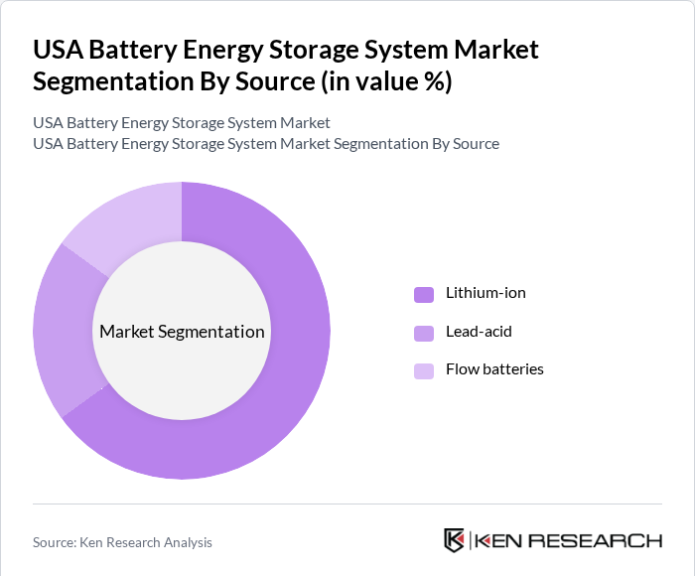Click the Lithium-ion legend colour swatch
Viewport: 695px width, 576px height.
[x=424, y=294]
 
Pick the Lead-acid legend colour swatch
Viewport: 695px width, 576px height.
[x=424, y=332]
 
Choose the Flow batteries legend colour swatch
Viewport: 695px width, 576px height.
[x=424, y=370]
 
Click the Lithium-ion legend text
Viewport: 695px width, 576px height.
[x=486, y=293]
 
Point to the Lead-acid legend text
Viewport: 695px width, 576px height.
[x=479, y=331]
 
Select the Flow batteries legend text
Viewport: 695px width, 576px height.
[x=494, y=369]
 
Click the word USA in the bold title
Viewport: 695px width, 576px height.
[x=59, y=49]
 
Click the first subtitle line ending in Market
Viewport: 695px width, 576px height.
[x=182, y=123]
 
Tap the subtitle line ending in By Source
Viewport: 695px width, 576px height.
[x=266, y=144]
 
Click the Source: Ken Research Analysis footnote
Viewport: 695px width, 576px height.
[x=122, y=542]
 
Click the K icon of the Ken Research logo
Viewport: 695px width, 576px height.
[x=455, y=540]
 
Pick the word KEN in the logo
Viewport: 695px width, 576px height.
[x=500, y=541]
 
